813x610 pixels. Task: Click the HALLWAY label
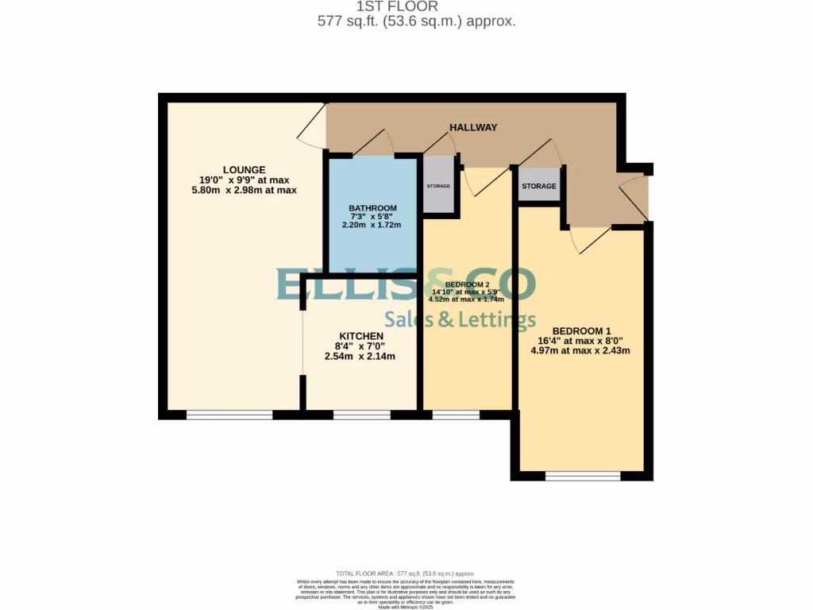[x=473, y=127]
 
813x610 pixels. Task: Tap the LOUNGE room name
[x=244, y=169]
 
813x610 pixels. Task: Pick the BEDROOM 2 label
[x=467, y=284]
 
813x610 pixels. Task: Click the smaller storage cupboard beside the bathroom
[x=438, y=186]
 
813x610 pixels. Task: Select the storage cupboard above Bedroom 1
[x=539, y=187]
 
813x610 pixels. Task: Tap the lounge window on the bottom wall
[x=229, y=415]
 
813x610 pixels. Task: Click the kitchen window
[x=362, y=415]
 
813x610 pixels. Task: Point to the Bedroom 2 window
[x=456, y=415]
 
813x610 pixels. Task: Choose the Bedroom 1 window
[x=584, y=476]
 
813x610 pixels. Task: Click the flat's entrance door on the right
[x=634, y=198]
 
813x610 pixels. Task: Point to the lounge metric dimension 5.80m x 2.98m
[x=244, y=190]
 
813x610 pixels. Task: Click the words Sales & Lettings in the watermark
[x=460, y=320]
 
